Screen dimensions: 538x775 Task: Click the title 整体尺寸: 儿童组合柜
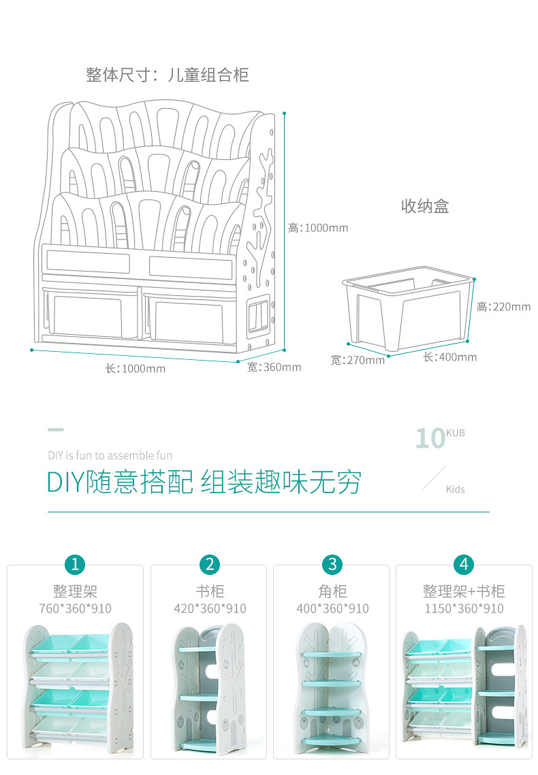pos(167,74)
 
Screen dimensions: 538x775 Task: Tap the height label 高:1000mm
pos(317,228)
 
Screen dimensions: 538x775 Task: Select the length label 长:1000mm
pos(135,369)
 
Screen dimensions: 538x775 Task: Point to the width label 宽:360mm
pos(274,367)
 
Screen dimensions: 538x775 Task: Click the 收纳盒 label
pos(425,206)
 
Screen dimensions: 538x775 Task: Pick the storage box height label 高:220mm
pos(503,307)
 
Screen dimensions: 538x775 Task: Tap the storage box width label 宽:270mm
pos(358,360)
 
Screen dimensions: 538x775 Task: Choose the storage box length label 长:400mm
pos(449,357)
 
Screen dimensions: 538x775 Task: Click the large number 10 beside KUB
pos(430,439)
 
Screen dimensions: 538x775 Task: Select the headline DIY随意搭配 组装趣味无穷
pos(204,482)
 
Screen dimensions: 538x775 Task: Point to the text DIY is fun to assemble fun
pos(110,455)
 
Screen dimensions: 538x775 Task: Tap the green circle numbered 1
pos(75,564)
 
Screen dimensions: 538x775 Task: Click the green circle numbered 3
pos(332,564)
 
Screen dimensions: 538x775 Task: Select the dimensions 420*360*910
pos(210,608)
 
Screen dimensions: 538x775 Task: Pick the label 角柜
pos(332,591)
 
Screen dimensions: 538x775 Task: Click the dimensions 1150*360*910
pos(464,608)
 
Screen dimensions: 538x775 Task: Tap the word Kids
pos(456,489)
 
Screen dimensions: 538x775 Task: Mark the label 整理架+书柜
pos(464,591)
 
